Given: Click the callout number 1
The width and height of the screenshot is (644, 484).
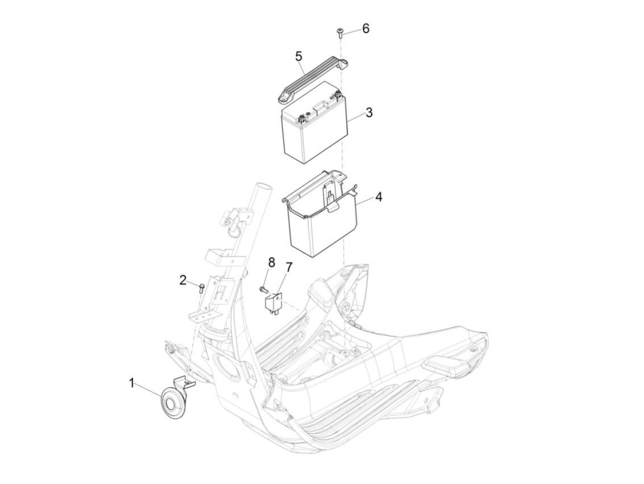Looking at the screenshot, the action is (132, 383).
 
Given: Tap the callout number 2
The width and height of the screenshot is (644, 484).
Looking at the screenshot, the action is (183, 281).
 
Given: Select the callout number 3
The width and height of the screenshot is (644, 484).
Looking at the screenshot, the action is (369, 112).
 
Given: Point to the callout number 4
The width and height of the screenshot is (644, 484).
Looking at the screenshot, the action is (379, 197).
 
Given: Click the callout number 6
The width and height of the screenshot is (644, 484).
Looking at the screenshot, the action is (366, 29).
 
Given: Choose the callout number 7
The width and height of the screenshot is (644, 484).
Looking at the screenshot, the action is (289, 267).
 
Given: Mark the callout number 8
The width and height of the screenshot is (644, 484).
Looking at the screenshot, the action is (272, 262).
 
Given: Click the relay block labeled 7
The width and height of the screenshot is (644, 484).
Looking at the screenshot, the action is (273, 304).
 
